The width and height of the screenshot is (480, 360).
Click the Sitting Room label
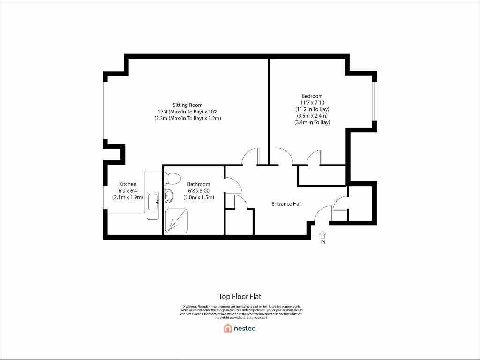click(x=187, y=105)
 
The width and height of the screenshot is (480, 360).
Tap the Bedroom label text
click(x=312, y=96)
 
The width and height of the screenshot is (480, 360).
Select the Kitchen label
click(x=127, y=184)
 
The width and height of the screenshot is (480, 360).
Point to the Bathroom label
click(x=199, y=184)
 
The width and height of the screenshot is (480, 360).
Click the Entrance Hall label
click(x=286, y=204)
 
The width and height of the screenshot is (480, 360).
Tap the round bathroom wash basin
click(x=169, y=196)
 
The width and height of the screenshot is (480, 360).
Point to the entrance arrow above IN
click(x=322, y=234)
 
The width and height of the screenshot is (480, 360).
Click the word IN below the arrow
click(x=322, y=242)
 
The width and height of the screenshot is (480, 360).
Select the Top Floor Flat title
click(x=240, y=296)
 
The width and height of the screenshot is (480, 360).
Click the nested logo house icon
click(x=228, y=328)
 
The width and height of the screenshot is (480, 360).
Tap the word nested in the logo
click(x=245, y=328)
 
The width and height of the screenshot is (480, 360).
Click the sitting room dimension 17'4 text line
click(x=187, y=112)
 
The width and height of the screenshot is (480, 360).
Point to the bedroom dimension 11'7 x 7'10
click(x=312, y=102)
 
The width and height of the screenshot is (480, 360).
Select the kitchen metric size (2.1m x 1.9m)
click(x=127, y=197)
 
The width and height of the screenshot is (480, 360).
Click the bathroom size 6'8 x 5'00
click(x=199, y=191)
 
